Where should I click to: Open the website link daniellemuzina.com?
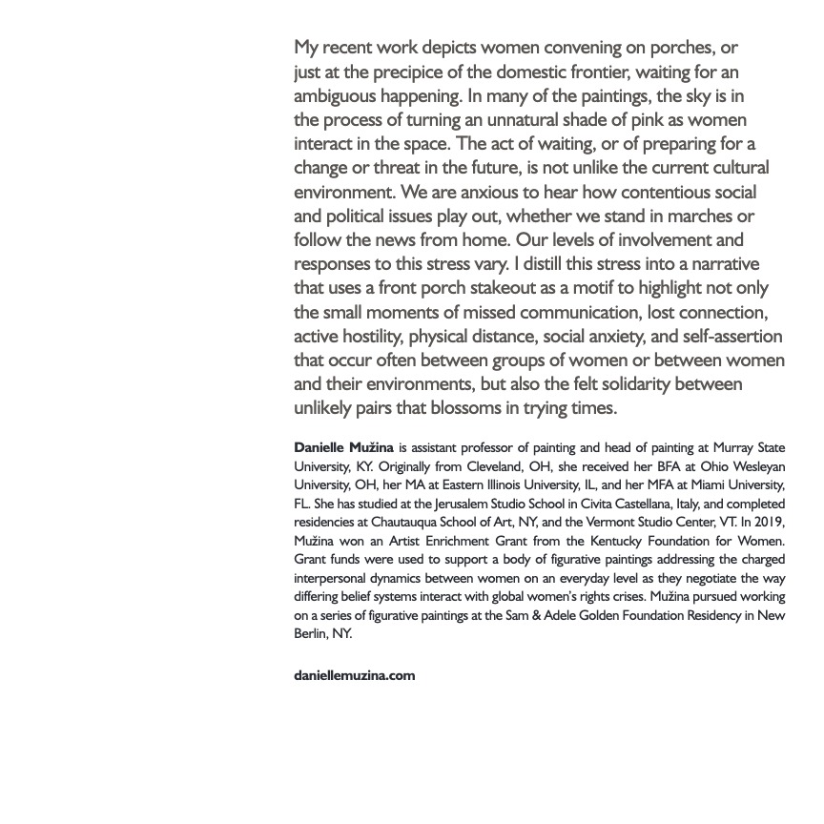[x=355, y=675]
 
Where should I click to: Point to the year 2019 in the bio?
[x=769, y=522]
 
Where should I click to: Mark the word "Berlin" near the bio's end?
[x=311, y=633]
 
